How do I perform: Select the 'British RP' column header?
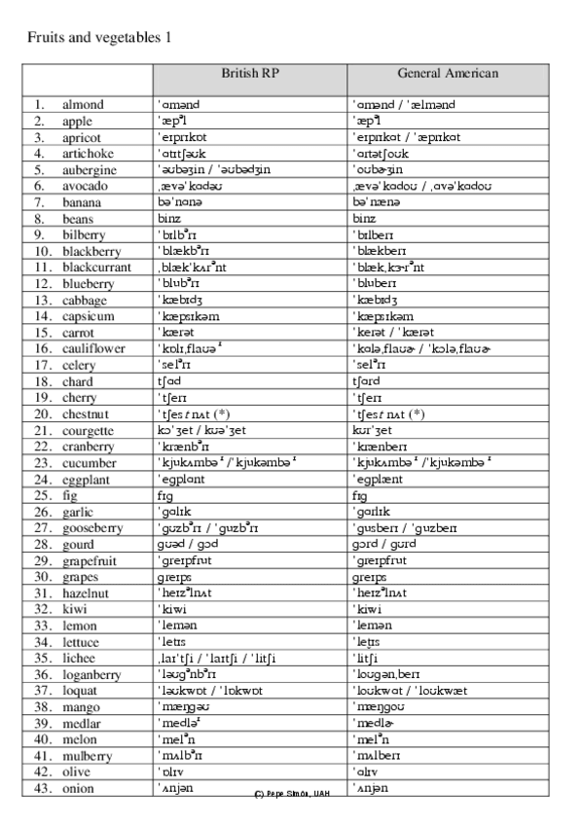(x=250, y=73)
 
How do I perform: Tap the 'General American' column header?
(x=448, y=73)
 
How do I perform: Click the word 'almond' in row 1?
(x=83, y=104)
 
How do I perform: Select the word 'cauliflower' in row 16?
(x=93, y=348)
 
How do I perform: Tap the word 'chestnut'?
(x=86, y=413)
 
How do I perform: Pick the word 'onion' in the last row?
(x=79, y=788)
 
